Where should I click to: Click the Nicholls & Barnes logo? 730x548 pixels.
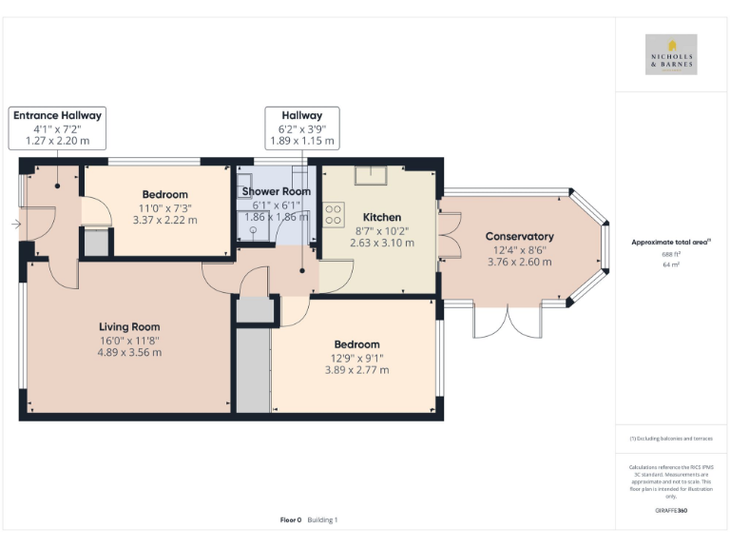pyautogui.click(x=671, y=54)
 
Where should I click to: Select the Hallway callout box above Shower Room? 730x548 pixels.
pyautogui.click(x=300, y=127)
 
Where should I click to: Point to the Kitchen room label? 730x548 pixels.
pyautogui.click(x=380, y=217)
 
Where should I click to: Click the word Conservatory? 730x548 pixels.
pyautogui.click(x=519, y=237)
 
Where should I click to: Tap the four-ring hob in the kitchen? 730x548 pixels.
pyautogui.click(x=334, y=216)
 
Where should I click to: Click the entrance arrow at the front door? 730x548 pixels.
pyautogui.click(x=16, y=225)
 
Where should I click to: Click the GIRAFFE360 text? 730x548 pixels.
pyautogui.click(x=671, y=512)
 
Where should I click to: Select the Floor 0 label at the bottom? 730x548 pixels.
pyautogui.click(x=290, y=519)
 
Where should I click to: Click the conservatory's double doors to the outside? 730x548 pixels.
pyautogui.click(x=508, y=323)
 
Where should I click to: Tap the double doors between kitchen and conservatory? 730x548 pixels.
pyautogui.click(x=447, y=237)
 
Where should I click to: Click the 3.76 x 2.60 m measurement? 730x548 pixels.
pyautogui.click(x=519, y=262)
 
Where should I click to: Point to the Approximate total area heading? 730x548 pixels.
pyautogui.click(x=671, y=243)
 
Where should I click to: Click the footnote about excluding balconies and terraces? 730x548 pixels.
pyautogui.click(x=671, y=438)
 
